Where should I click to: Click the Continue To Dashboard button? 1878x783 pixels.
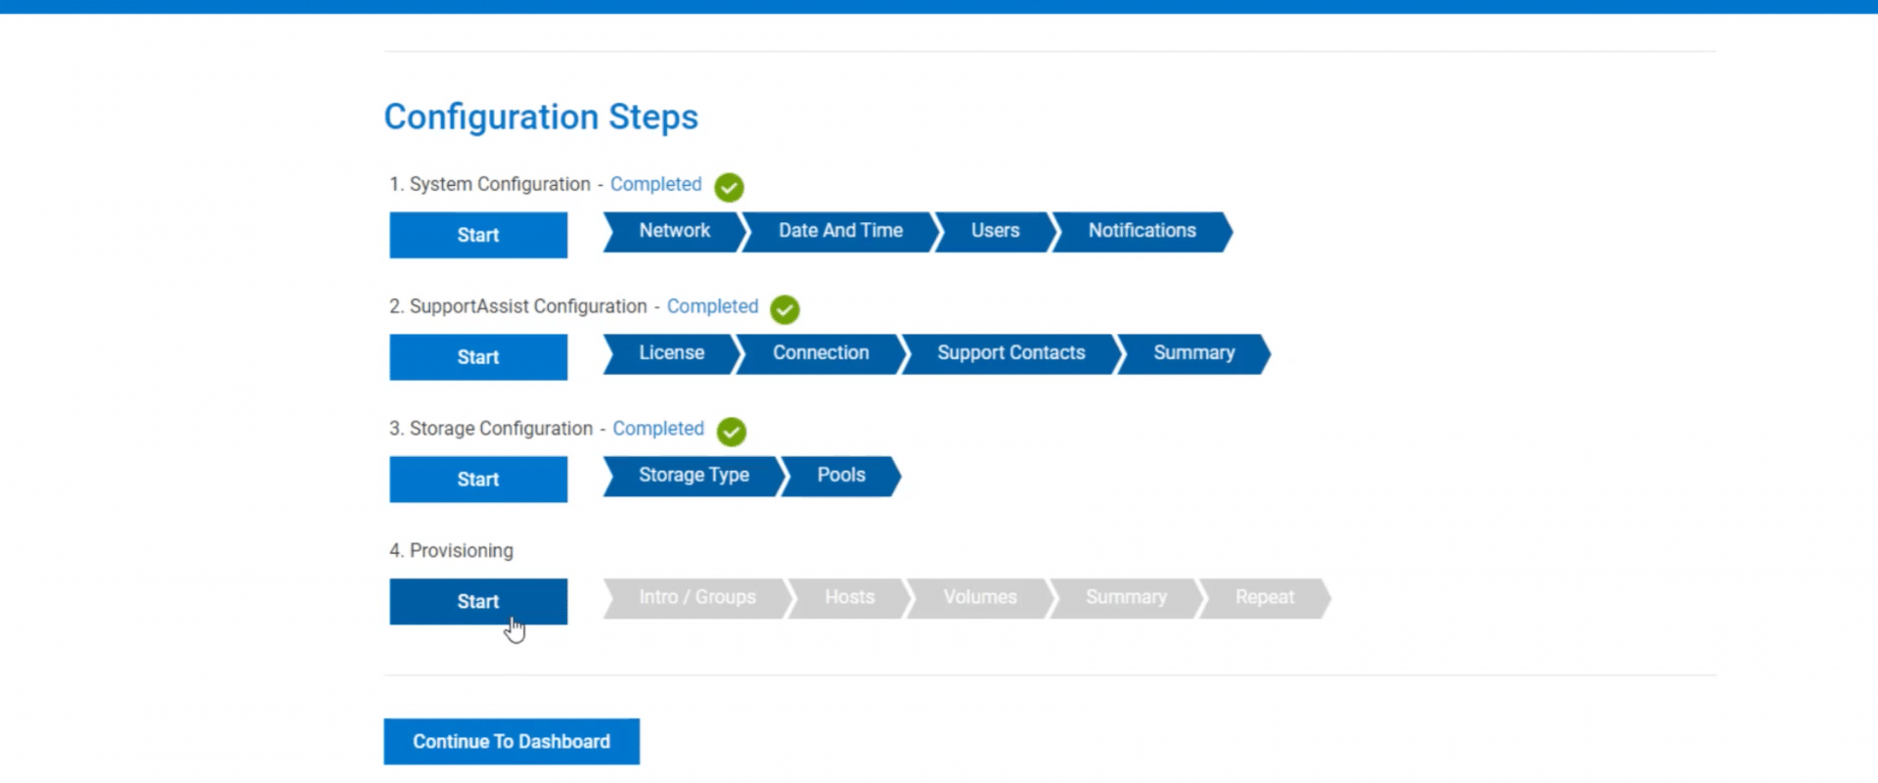(x=512, y=741)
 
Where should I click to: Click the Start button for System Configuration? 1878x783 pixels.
(x=478, y=235)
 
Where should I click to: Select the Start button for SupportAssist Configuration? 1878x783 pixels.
(x=478, y=357)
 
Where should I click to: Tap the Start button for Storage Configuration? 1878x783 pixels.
(x=478, y=480)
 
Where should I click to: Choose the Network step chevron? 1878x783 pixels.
(x=675, y=232)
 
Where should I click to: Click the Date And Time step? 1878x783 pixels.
(x=840, y=232)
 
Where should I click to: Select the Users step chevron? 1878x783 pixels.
(x=996, y=232)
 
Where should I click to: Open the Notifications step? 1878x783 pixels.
(x=1141, y=232)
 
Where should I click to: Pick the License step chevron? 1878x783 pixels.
(x=672, y=354)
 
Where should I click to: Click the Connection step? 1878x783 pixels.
(x=821, y=354)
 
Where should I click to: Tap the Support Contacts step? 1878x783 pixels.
(x=1011, y=354)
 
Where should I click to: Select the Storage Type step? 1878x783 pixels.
(x=693, y=477)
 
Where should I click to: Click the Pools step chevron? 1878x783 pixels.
(x=841, y=477)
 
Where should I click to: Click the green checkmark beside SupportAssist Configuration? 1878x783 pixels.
(x=784, y=309)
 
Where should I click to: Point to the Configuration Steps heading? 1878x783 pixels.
(x=541, y=116)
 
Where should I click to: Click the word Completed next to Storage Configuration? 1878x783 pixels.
(x=658, y=429)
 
